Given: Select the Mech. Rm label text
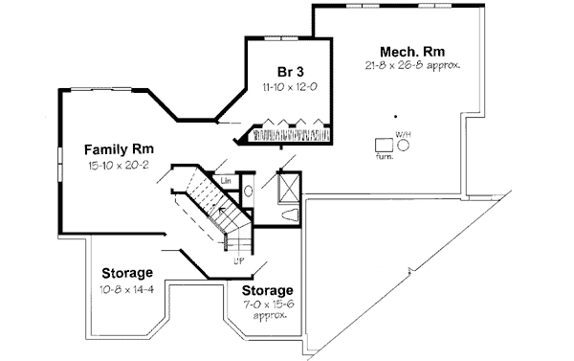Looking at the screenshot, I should tap(413, 52).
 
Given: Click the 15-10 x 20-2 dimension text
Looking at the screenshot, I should tap(119, 165).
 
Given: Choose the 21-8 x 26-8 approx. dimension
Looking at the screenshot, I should tap(413, 66).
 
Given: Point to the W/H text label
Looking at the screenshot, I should tap(404, 132).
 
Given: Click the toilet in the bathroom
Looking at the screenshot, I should tap(291, 214).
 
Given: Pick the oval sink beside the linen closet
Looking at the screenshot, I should tap(247, 192).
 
